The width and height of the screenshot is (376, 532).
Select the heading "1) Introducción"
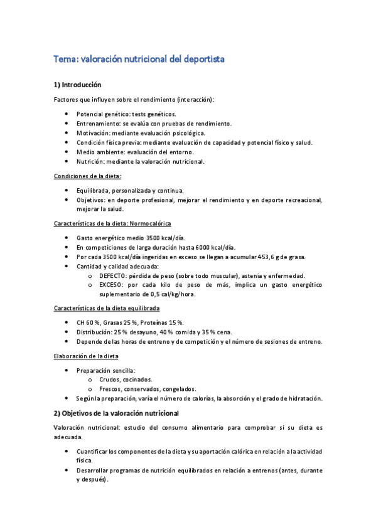click(78, 85)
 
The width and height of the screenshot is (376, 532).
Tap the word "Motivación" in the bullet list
click(92, 133)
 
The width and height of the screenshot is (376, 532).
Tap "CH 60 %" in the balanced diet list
click(90, 322)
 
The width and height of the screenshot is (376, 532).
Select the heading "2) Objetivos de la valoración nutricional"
click(117, 413)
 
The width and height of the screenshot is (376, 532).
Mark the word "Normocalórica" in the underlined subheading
click(151, 223)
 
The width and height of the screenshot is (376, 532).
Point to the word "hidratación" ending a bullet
click(303, 398)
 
